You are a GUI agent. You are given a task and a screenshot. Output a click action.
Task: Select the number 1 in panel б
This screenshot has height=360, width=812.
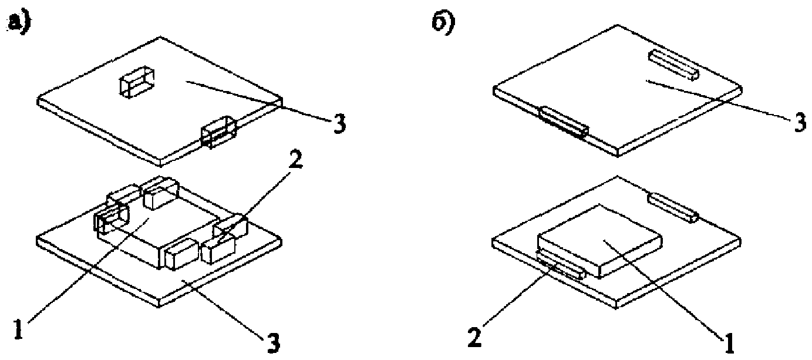(729, 341)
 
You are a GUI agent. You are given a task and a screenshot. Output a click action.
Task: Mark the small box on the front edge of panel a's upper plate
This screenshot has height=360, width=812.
(218, 132)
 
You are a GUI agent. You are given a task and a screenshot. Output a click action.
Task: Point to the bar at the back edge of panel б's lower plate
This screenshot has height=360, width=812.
(673, 207)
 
